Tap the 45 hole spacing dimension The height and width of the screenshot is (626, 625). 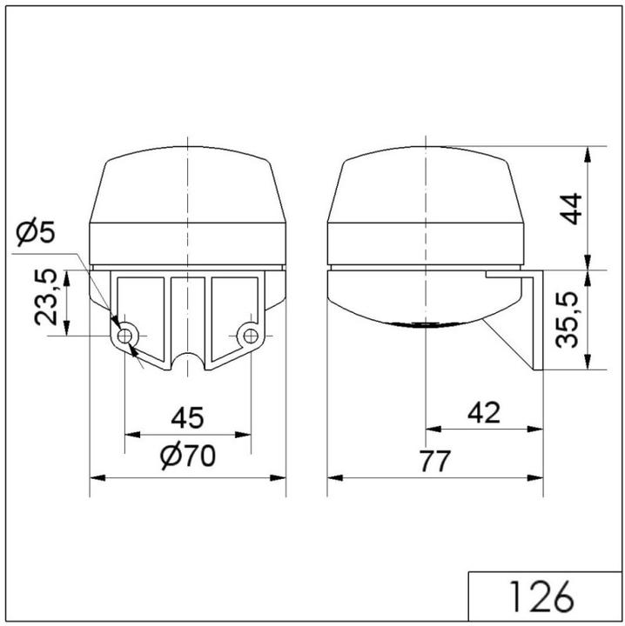pos(187,418)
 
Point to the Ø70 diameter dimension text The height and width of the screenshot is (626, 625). pos(187,455)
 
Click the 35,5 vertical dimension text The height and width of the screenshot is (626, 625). pos(570,319)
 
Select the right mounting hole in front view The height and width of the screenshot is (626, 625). pos(251,335)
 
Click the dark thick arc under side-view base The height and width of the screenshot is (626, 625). pos(423,324)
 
